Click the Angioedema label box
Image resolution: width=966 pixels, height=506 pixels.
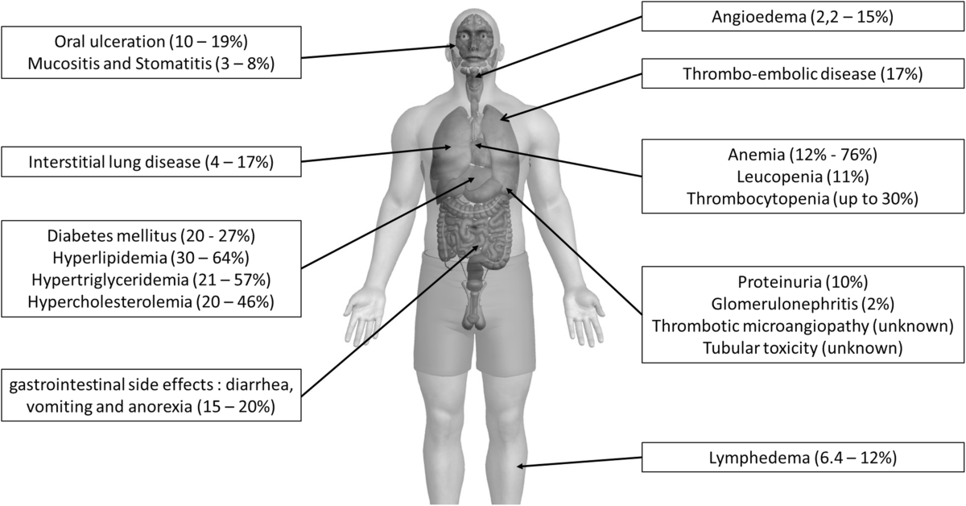click(803, 16)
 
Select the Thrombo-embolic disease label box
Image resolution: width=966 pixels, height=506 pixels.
click(803, 74)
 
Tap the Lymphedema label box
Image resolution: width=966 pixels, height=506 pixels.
click(803, 458)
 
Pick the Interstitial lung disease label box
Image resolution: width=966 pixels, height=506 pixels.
click(151, 162)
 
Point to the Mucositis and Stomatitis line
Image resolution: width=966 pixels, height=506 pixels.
click(151, 64)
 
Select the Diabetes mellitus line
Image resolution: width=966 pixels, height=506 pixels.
click(151, 236)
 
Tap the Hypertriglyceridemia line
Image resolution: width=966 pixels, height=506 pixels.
click(151, 280)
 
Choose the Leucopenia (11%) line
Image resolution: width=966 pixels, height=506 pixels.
click(803, 176)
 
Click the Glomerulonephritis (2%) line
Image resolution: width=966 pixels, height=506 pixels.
click(803, 305)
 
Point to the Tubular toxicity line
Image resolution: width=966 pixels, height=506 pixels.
click(803, 348)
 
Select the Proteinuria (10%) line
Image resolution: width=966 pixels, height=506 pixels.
click(803, 283)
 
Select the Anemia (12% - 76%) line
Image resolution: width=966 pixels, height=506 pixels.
click(803, 155)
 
